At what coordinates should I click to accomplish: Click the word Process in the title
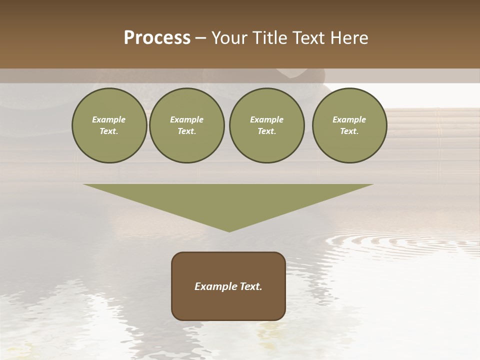tap(157, 38)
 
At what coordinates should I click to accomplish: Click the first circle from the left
tap(109, 125)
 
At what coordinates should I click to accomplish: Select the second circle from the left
tap(187, 125)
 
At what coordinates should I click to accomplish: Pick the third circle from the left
tap(266, 125)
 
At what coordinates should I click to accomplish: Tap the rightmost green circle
tap(349, 125)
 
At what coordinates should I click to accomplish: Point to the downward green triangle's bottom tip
tap(229, 230)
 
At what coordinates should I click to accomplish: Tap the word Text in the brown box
tap(249, 286)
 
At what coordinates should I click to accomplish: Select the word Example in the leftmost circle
tap(109, 120)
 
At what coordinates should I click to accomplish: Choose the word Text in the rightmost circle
tap(349, 131)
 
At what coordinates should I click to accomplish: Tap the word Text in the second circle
tap(186, 131)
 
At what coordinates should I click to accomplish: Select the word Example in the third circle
tap(266, 120)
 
